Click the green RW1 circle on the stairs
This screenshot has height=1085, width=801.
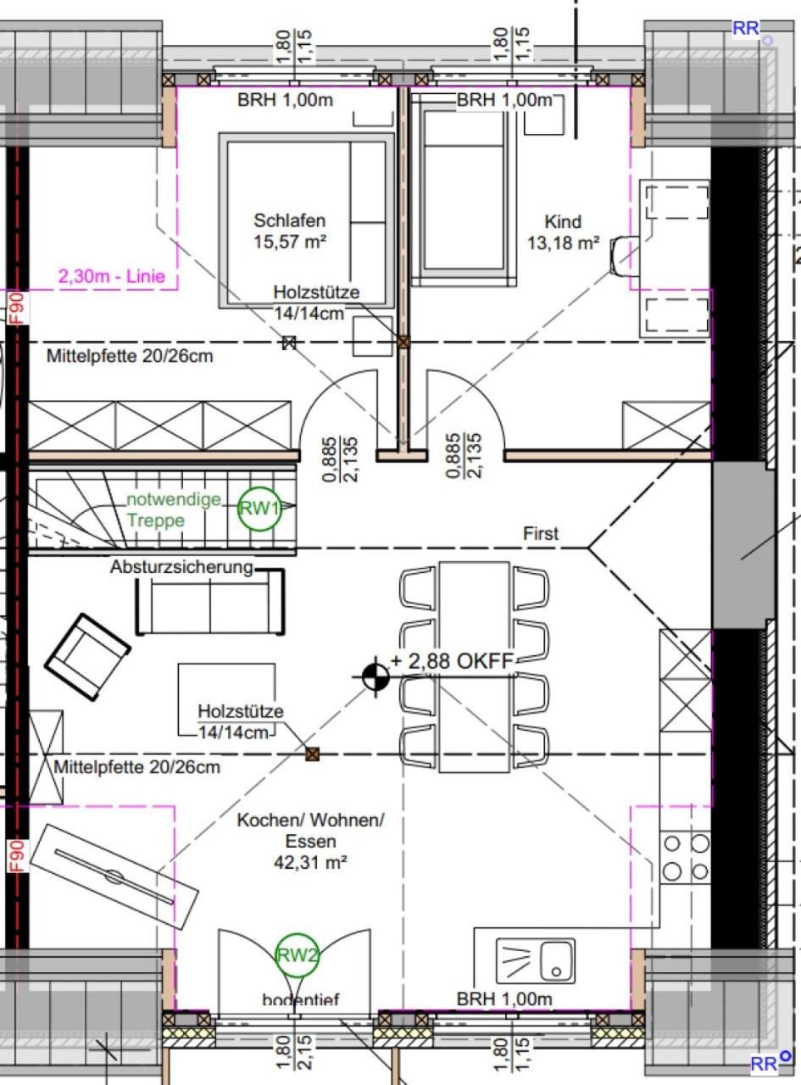click(x=259, y=509)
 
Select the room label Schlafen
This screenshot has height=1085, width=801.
click(x=290, y=220)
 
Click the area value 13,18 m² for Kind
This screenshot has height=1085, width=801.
click(x=563, y=242)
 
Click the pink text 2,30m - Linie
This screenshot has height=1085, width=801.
click(x=112, y=276)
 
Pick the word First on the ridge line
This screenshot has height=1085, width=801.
click(x=541, y=533)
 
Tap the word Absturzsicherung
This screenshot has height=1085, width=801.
click(x=181, y=567)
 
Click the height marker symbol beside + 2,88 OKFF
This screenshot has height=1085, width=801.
click(x=375, y=677)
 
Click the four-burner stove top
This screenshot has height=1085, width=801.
click(x=685, y=857)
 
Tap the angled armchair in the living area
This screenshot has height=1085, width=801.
click(x=87, y=656)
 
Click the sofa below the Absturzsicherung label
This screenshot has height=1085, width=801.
click(x=210, y=601)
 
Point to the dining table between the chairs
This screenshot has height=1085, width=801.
click(x=474, y=667)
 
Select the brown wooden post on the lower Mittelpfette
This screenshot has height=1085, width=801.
click(x=312, y=754)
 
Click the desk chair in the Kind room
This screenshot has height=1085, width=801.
click(x=623, y=257)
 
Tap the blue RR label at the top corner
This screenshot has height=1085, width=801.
click(x=745, y=28)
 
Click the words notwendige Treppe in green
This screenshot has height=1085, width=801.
click(x=173, y=509)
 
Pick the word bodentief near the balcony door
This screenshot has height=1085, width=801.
click(x=300, y=999)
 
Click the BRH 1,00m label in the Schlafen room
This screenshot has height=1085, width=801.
click(x=286, y=100)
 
